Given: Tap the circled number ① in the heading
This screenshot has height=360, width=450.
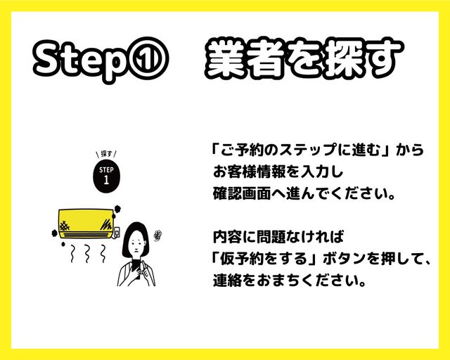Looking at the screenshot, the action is click(148, 59).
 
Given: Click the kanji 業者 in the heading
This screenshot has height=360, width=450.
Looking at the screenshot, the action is click(245, 59).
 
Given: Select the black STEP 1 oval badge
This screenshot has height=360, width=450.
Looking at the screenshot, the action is click(106, 176).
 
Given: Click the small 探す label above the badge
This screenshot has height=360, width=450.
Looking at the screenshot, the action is click(106, 154).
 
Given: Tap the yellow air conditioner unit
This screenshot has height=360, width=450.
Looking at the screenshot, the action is click(86, 224).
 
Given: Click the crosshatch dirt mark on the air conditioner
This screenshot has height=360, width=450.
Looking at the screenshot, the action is click(65, 226).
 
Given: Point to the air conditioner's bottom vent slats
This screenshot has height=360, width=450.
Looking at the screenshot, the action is click(86, 235).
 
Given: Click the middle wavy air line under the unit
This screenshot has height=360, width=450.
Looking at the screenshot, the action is click(87, 254).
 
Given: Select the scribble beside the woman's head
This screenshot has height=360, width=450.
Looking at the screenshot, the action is click(157, 236).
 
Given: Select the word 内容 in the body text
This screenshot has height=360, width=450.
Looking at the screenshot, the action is click(227, 237).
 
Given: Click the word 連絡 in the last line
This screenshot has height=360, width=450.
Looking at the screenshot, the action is click(227, 280).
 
